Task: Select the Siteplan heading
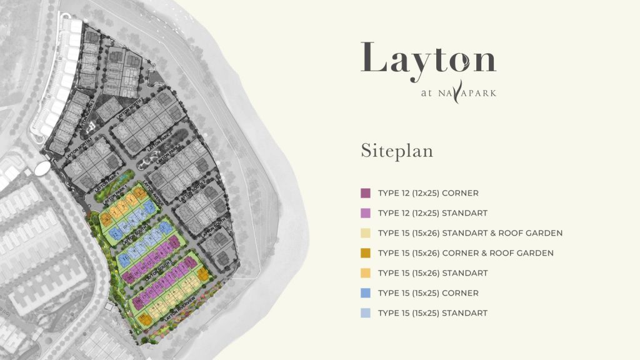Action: (396, 151)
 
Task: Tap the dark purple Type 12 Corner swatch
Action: (366, 193)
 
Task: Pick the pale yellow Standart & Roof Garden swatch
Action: (366, 233)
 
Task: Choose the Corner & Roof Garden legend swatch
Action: (366, 253)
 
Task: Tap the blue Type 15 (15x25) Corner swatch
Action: (366, 293)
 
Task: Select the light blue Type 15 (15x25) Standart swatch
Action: (366, 313)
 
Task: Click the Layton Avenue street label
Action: (152, 193)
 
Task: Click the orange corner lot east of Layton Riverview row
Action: (202, 275)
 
